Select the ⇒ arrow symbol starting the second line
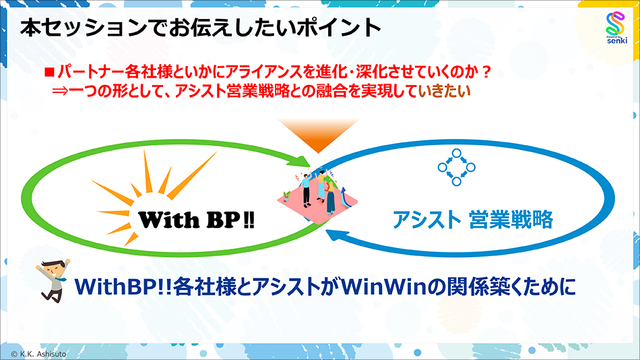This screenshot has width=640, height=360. point(61,89)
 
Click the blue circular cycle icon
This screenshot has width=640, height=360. point(456,165)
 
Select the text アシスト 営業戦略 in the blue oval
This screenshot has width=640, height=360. point(472,219)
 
